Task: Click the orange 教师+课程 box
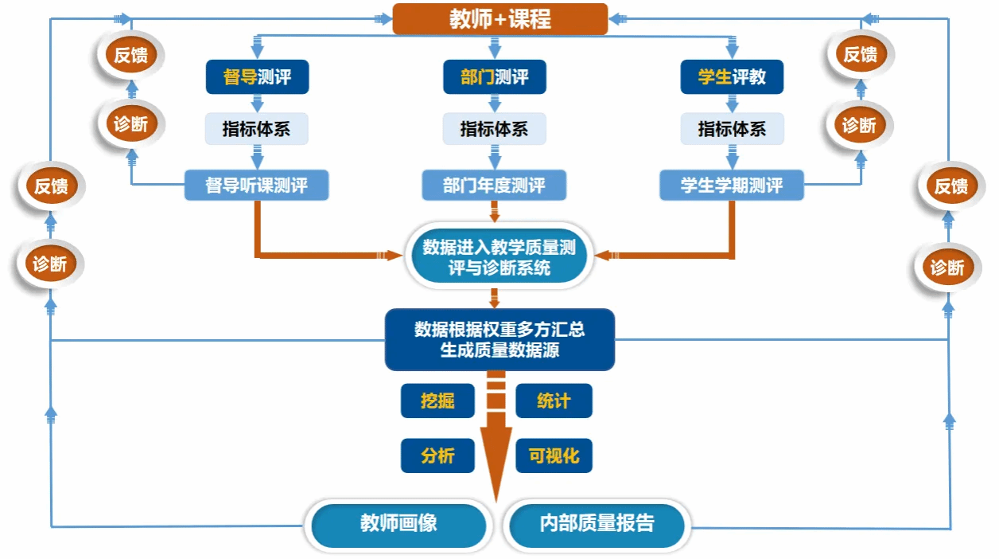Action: coord(499,19)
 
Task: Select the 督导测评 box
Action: coord(256,77)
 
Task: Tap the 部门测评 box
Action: coord(494,77)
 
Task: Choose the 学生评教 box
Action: coord(732,77)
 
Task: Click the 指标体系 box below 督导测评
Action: coord(256,129)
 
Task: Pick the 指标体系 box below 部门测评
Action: coord(494,129)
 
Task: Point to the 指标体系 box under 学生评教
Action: coord(732,129)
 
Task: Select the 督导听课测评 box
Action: coord(256,186)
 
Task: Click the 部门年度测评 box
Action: coord(494,186)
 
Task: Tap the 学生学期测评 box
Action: coord(732,186)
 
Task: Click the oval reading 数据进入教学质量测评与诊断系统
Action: coord(499,257)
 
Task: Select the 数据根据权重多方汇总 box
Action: coord(499,339)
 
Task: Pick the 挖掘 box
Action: coord(437,401)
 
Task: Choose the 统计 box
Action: coord(554,401)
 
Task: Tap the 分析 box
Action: coord(437,455)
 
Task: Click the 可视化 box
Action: coord(554,455)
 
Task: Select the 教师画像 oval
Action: coord(398,524)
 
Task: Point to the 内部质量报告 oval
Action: coord(597,524)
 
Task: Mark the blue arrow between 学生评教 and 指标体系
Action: coord(732,104)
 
